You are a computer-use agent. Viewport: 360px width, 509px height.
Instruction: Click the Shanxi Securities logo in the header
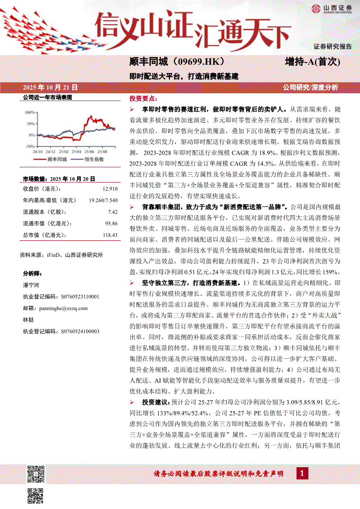331,9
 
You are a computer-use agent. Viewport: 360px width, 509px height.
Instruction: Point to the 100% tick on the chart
30,112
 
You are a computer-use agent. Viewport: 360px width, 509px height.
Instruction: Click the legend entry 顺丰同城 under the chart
56,160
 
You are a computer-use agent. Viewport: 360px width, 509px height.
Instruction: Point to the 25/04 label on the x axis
76,152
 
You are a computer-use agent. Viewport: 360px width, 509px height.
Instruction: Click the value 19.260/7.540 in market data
103,200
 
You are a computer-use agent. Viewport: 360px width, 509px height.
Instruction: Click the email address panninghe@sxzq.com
61,308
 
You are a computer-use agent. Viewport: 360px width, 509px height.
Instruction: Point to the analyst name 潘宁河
31,285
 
